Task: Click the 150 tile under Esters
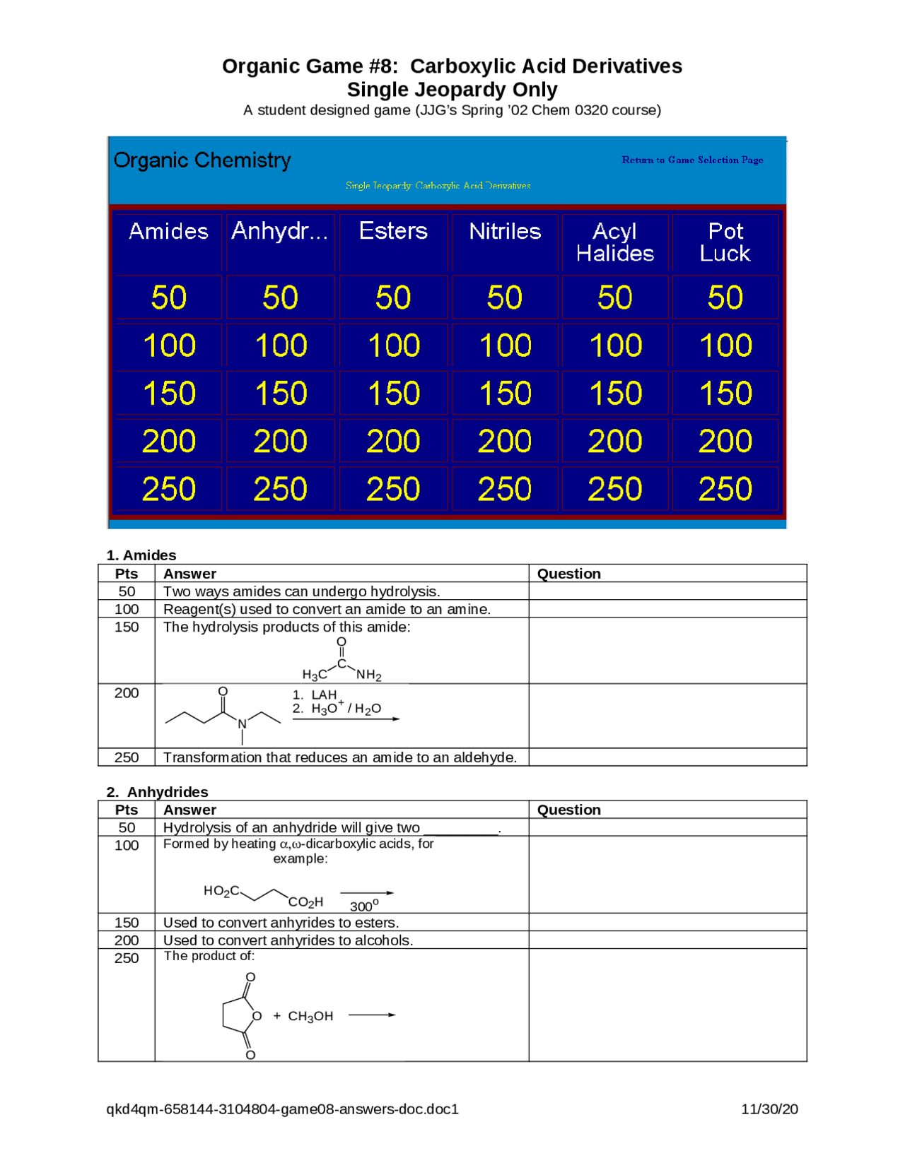(393, 394)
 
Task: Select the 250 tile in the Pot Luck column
(725, 489)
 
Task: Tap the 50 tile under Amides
(168, 297)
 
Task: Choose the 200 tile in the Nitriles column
(504, 442)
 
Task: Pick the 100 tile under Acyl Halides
(615, 345)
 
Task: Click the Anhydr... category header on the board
(279, 231)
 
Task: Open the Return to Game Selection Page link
(692, 160)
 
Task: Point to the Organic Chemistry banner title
(202, 160)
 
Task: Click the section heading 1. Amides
(141, 555)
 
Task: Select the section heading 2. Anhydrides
(158, 792)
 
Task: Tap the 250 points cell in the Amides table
(127, 757)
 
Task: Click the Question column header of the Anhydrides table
(568, 810)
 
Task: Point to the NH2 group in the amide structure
(368, 675)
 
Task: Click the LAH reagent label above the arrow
(324, 695)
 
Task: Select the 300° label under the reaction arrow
(364, 906)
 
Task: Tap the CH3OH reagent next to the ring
(310, 1016)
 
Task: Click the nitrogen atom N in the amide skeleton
(242, 723)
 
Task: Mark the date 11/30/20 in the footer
(769, 1109)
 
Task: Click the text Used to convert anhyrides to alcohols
(288, 940)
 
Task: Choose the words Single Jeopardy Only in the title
(452, 90)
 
